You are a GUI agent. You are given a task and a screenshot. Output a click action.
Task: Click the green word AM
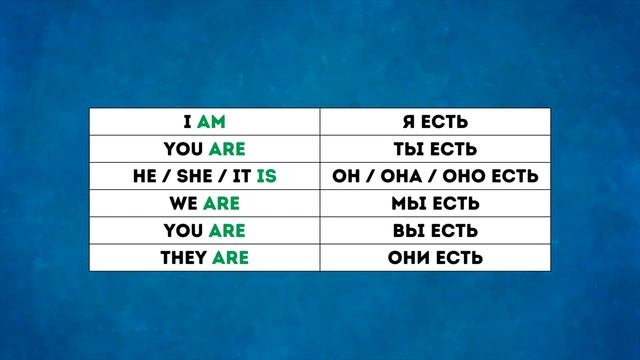click(x=214, y=123)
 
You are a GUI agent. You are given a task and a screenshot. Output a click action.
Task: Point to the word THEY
click(x=183, y=258)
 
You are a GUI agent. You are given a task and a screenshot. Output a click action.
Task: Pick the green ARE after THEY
click(x=229, y=258)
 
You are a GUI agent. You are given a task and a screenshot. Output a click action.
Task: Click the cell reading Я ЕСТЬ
click(x=434, y=123)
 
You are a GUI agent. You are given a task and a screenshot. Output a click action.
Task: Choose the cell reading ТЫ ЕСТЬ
click(x=434, y=150)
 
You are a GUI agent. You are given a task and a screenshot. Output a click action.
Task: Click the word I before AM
click(x=188, y=123)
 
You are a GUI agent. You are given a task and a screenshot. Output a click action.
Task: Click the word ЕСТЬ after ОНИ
click(x=459, y=258)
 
